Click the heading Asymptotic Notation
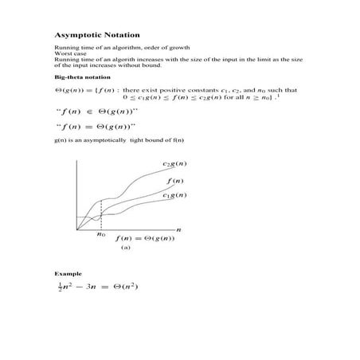(96, 35)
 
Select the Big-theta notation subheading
(76, 77)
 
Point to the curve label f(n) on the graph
(174, 182)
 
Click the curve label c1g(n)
(175, 195)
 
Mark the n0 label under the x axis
(101, 234)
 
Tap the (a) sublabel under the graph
(125, 248)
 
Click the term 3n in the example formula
(89, 287)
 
